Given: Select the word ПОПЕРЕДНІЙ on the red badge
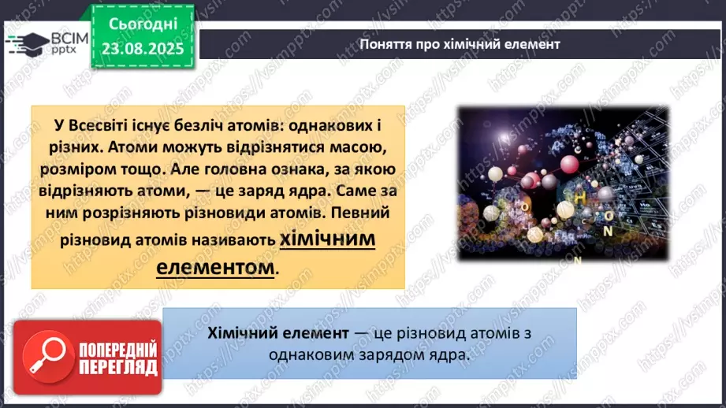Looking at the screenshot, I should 118,351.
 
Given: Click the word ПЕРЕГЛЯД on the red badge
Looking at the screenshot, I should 118,368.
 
